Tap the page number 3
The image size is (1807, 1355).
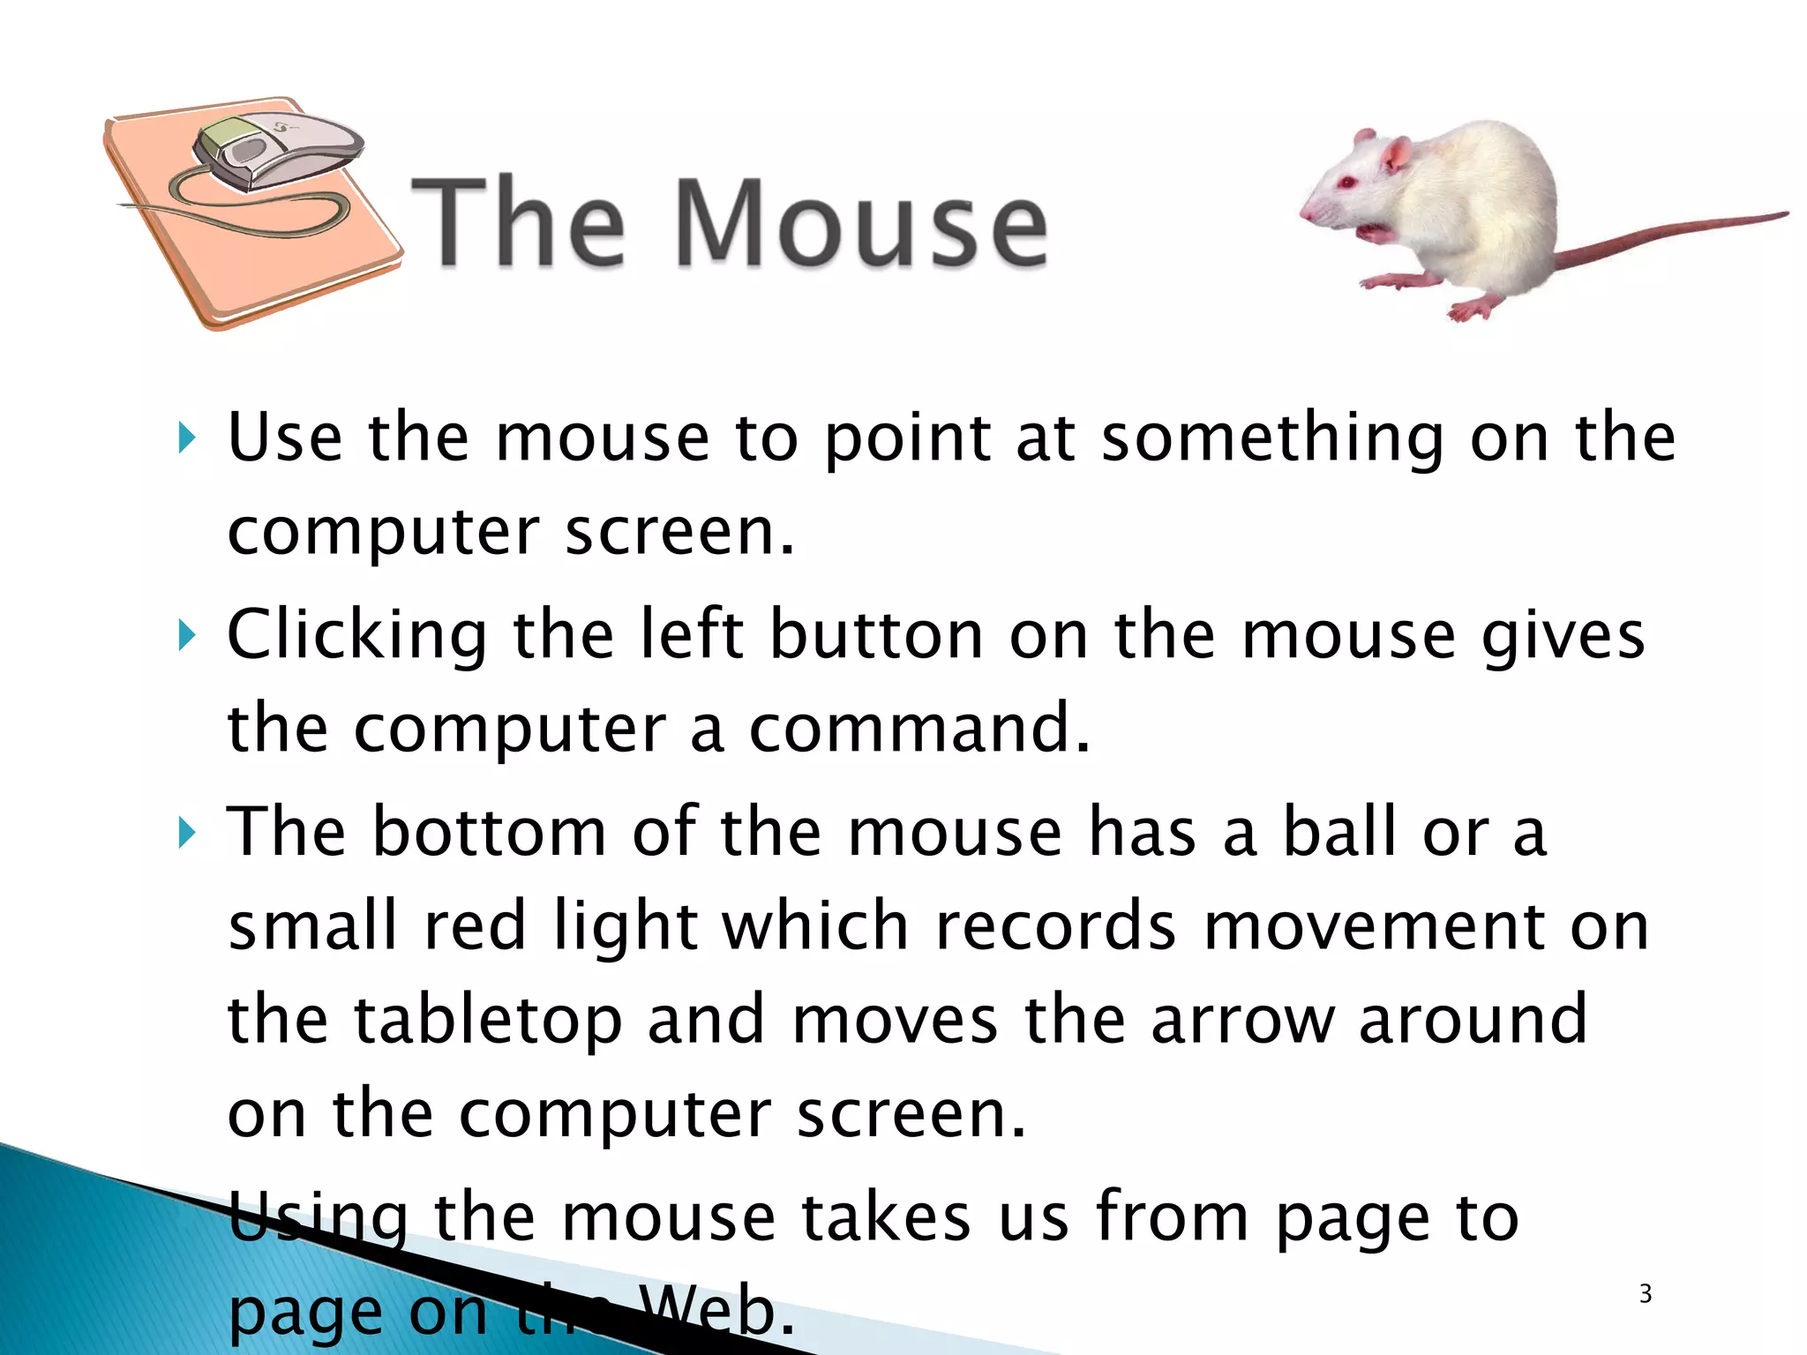[1645, 1294]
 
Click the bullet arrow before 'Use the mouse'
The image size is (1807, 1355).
[185, 438]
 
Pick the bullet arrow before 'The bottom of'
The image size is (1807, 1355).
[185, 832]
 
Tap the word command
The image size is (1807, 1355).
[918, 730]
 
